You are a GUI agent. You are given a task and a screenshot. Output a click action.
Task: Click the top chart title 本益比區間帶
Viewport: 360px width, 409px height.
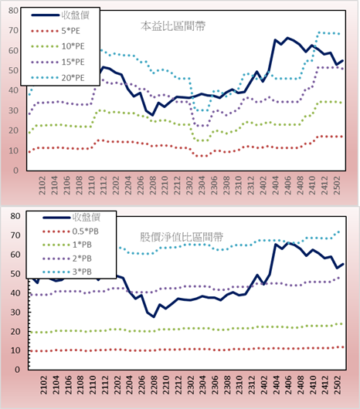click(173, 26)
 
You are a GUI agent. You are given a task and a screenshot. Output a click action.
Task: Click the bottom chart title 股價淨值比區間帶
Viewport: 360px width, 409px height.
click(182, 237)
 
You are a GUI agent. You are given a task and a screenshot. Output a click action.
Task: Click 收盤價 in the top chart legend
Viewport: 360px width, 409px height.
click(76, 15)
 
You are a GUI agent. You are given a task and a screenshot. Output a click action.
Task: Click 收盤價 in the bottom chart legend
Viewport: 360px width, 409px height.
click(87, 217)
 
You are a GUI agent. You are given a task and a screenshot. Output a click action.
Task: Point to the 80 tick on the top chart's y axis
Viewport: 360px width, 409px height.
click(14, 11)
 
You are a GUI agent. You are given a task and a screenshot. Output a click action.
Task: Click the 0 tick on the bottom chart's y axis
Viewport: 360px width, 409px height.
click(17, 370)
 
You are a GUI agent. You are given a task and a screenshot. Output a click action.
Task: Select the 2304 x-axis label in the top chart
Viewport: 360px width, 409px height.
click(202, 185)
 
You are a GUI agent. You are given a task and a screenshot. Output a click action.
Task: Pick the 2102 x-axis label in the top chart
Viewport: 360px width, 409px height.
click(42, 185)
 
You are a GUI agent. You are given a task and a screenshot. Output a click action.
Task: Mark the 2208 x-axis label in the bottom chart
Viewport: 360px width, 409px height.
click(154, 385)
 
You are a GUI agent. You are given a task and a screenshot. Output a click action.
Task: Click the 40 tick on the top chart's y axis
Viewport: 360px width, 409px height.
click(14, 90)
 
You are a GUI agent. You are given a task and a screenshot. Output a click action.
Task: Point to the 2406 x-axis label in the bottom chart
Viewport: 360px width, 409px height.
click(289, 385)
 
